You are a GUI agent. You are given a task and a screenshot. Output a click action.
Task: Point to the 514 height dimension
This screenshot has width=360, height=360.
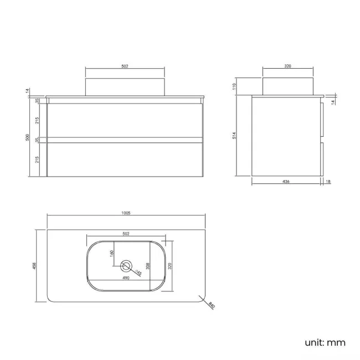[235, 135]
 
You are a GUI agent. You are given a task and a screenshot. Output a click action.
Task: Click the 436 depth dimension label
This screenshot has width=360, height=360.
[286, 181]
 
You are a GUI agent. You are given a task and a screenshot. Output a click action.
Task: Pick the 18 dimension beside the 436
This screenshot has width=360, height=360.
[328, 181]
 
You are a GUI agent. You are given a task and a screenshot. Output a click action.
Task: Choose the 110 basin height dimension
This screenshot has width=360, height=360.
[235, 86]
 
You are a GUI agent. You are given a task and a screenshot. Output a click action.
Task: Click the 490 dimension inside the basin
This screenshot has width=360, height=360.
[126, 278]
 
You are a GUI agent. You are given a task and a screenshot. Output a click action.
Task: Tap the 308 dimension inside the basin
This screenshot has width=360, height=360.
[148, 265]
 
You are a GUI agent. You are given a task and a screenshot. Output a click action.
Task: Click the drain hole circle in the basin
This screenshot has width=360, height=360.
[126, 265]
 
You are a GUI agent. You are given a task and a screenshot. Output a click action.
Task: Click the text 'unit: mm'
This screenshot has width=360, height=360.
[325, 342]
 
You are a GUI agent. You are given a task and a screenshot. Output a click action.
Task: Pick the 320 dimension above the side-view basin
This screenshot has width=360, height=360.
[287, 66]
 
